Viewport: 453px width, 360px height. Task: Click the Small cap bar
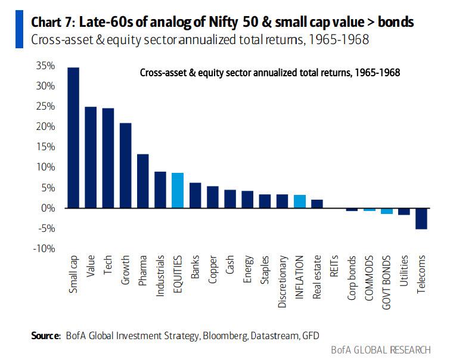73,138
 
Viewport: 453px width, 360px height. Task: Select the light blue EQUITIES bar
177,190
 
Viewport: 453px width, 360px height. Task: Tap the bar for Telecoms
421,218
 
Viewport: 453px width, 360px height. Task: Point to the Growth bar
125,166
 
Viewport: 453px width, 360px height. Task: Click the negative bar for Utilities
404,211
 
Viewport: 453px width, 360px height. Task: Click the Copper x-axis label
212,269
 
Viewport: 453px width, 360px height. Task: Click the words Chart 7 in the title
52,22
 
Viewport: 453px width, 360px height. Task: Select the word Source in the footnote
45,336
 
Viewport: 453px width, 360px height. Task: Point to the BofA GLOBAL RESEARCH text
380,349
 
